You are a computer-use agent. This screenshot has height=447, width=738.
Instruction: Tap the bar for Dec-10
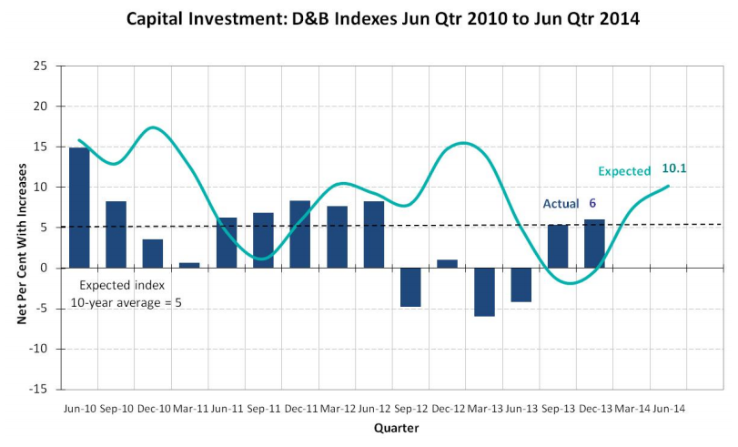153,253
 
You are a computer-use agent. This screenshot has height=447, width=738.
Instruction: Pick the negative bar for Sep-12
410,287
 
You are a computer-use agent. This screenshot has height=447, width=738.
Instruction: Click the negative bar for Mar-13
484,291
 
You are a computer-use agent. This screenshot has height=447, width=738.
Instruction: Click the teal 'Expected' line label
624,171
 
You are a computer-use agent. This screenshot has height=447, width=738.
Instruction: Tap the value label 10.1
674,168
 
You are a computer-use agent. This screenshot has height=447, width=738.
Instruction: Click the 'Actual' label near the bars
561,203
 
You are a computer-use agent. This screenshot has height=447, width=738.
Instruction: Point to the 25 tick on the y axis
41,66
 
